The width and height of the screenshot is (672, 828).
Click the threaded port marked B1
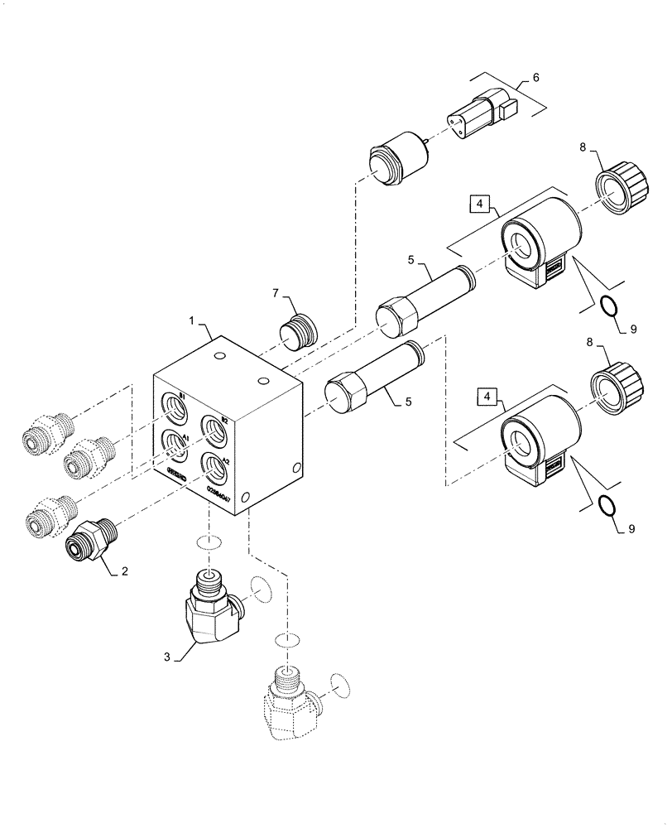[175, 405]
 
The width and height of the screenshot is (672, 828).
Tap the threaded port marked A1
[175, 445]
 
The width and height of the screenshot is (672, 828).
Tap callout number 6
[535, 77]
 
